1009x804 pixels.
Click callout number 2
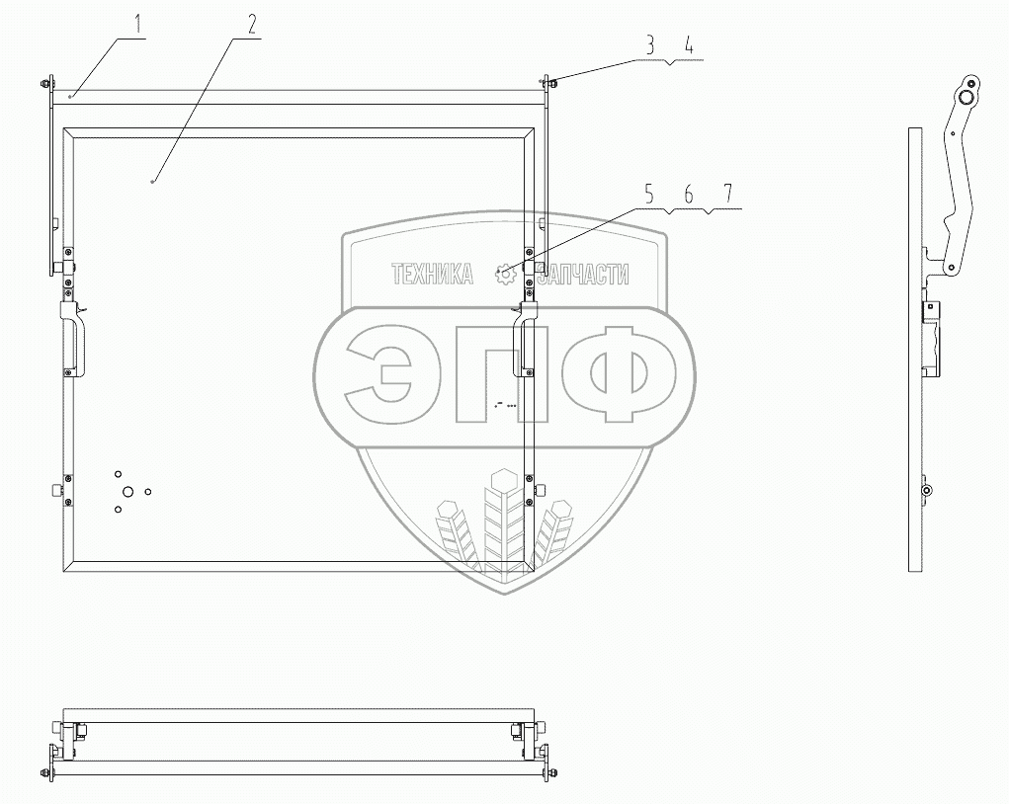[x=252, y=25]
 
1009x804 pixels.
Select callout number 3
[x=650, y=44]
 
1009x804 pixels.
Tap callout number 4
[x=688, y=44]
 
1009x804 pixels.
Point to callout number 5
[x=650, y=195]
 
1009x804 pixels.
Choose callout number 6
[x=688, y=195]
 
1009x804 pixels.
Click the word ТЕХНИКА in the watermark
[x=432, y=275]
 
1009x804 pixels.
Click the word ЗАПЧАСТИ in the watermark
[x=576, y=275]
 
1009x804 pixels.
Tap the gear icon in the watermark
[x=506, y=275]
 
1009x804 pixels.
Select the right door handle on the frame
[x=522, y=341]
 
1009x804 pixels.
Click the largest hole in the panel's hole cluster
[x=127, y=491]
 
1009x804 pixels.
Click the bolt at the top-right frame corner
[x=549, y=83]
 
